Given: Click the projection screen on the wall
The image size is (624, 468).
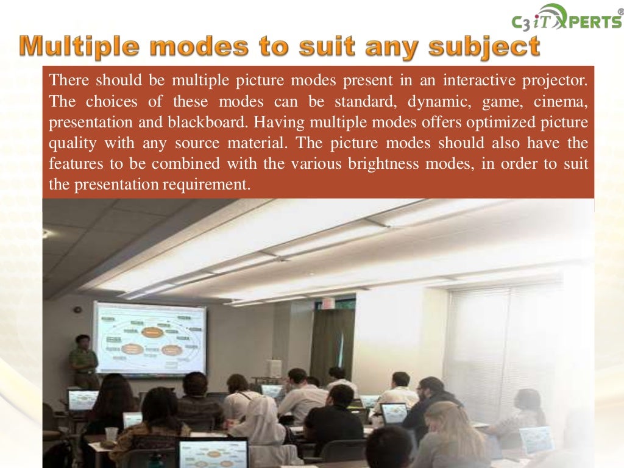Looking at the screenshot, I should [x=150, y=338].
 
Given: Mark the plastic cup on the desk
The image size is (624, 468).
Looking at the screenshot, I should [x=110, y=434].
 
